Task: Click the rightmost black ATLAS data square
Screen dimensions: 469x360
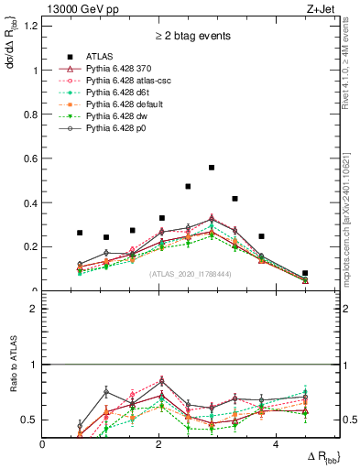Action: point(305,273)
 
